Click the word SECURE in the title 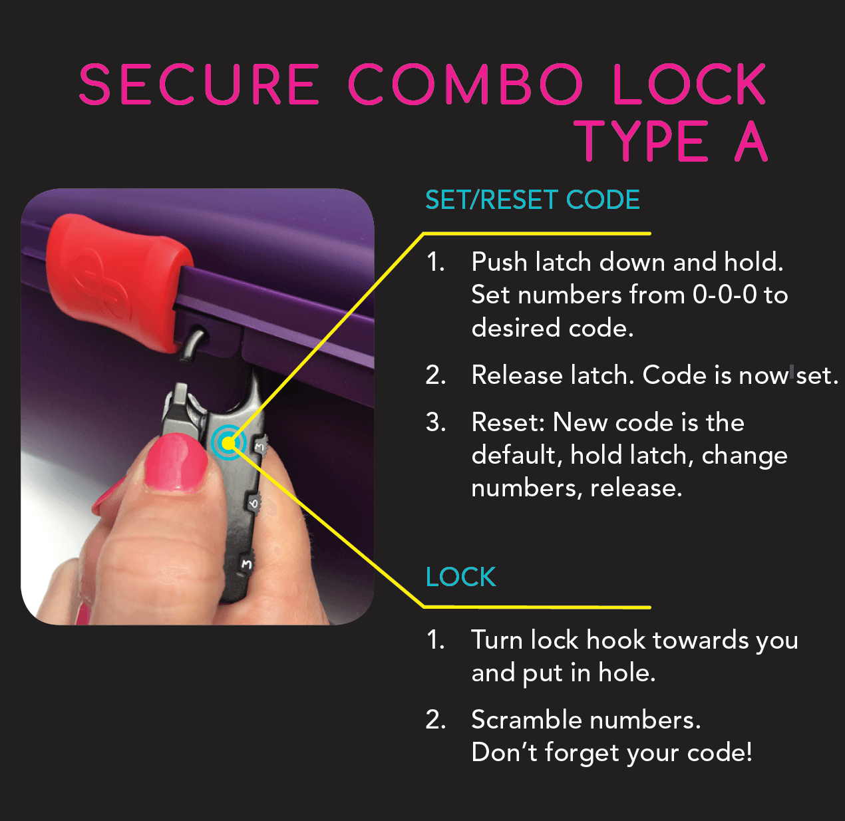coord(199,85)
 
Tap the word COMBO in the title coord(465,85)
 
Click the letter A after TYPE coord(751,142)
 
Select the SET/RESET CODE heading coord(532,200)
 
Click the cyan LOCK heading coord(460,577)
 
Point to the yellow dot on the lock coord(228,442)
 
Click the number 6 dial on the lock coord(254,502)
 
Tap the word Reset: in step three coord(508,422)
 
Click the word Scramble coord(517,720)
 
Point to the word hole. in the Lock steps coord(627,673)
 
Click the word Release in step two coord(516,375)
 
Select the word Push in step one coord(499,262)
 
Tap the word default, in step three coord(516,455)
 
